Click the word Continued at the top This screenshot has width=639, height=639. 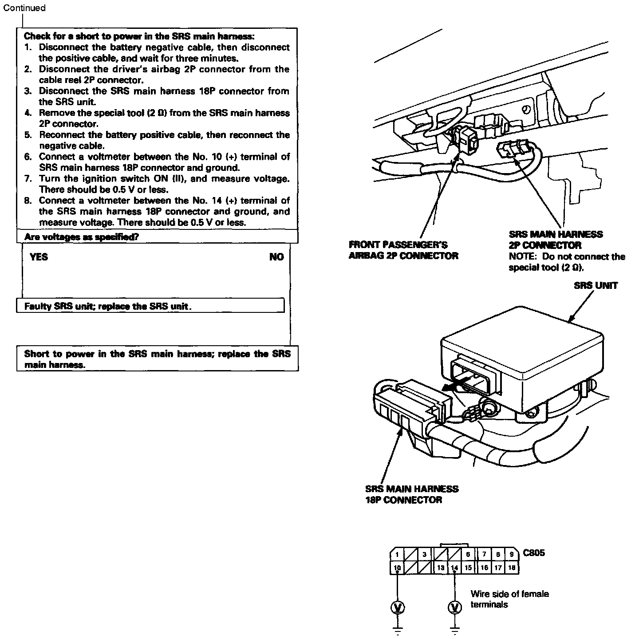pyautogui.click(x=24, y=8)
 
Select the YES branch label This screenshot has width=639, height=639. pyautogui.click(x=39, y=257)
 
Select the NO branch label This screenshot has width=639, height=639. pyautogui.click(x=276, y=257)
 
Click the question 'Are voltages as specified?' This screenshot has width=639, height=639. pyautogui.click(x=82, y=237)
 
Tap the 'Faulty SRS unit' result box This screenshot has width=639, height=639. pyautogui.click(x=150, y=306)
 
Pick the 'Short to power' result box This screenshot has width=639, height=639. pyautogui.click(x=157, y=359)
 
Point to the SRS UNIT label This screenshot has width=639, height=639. pyautogui.click(x=595, y=285)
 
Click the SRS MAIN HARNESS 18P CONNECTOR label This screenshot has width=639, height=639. pyautogui.click(x=411, y=494)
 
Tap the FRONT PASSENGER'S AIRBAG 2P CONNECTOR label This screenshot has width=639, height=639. pyautogui.click(x=403, y=250)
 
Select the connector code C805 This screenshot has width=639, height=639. pyautogui.click(x=533, y=553)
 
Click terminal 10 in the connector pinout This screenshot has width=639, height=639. pyautogui.click(x=397, y=568)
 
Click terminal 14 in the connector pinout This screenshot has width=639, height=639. pyautogui.click(x=454, y=568)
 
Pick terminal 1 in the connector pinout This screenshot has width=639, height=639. pyautogui.click(x=397, y=554)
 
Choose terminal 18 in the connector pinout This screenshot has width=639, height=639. pyautogui.click(x=512, y=568)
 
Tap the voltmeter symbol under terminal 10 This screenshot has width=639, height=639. pyautogui.click(x=397, y=607)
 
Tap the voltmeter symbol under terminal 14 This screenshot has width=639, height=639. pyautogui.click(x=454, y=607)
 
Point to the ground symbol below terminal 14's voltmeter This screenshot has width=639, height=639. pyautogui.click(x=454, y=629)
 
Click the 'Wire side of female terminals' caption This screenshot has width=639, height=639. pyautogui.click(x=509, y=599)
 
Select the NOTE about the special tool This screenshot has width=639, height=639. pyautogui.click(x=567, y=262)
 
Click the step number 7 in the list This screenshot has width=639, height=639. pyautogui.click(x=28, y=179)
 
